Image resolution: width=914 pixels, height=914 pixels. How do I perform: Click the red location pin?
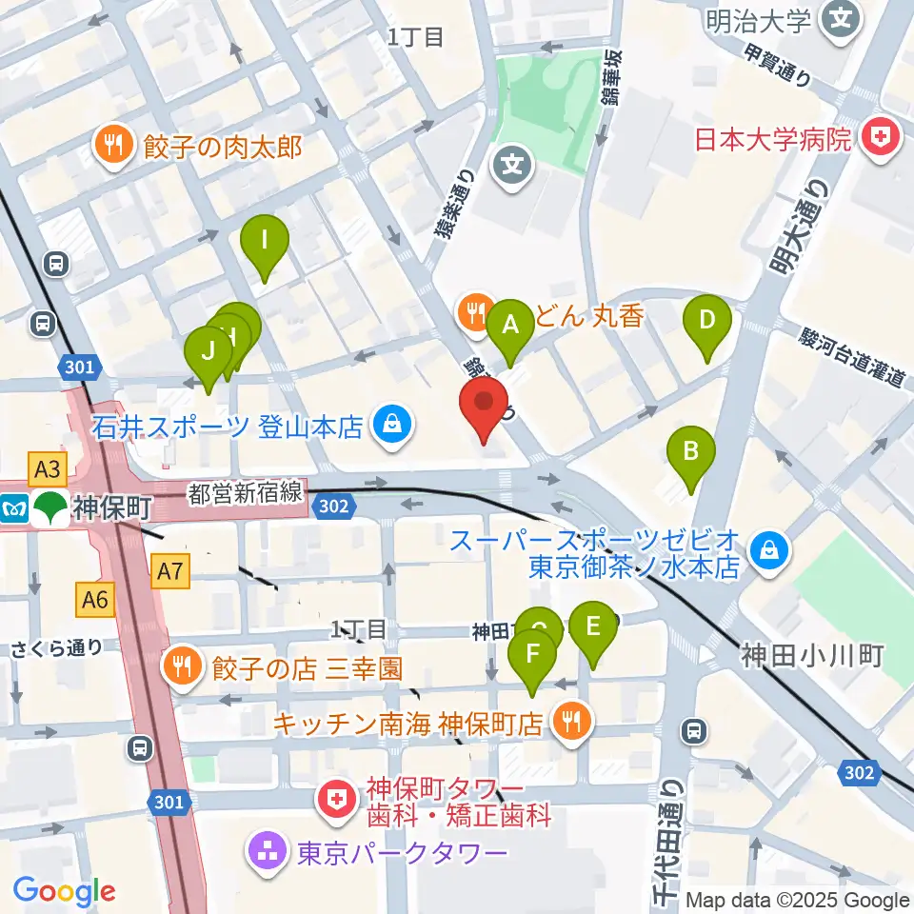pyautogui.click(x=484, y=405)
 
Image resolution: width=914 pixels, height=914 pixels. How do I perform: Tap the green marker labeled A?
pyautogui.click(x=510, y=328)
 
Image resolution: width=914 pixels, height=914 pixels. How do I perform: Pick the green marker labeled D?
pyautogui.click(x=706, y=323)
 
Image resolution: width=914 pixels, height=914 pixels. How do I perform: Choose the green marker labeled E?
pyautogui.click(x=592, y=629)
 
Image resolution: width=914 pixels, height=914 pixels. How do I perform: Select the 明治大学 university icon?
pyautogui.click(x=841, y=16)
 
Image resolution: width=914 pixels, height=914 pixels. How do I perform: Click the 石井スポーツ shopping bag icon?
pyautogui.click(x=391, y=425)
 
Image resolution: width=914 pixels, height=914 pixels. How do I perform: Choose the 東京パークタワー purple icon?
pyautogui.click(x=266, y=850)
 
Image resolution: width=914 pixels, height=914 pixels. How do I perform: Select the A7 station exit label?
pyautogui.click(x=169, y=571)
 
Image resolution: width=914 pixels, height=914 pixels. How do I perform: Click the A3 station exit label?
pyautogui.click(x=50, y=467)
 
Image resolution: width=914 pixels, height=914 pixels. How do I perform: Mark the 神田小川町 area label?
pyautogui.click(x=813, y=655)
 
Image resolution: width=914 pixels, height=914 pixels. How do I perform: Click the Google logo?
pyautogui.click(x=65, y=890)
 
